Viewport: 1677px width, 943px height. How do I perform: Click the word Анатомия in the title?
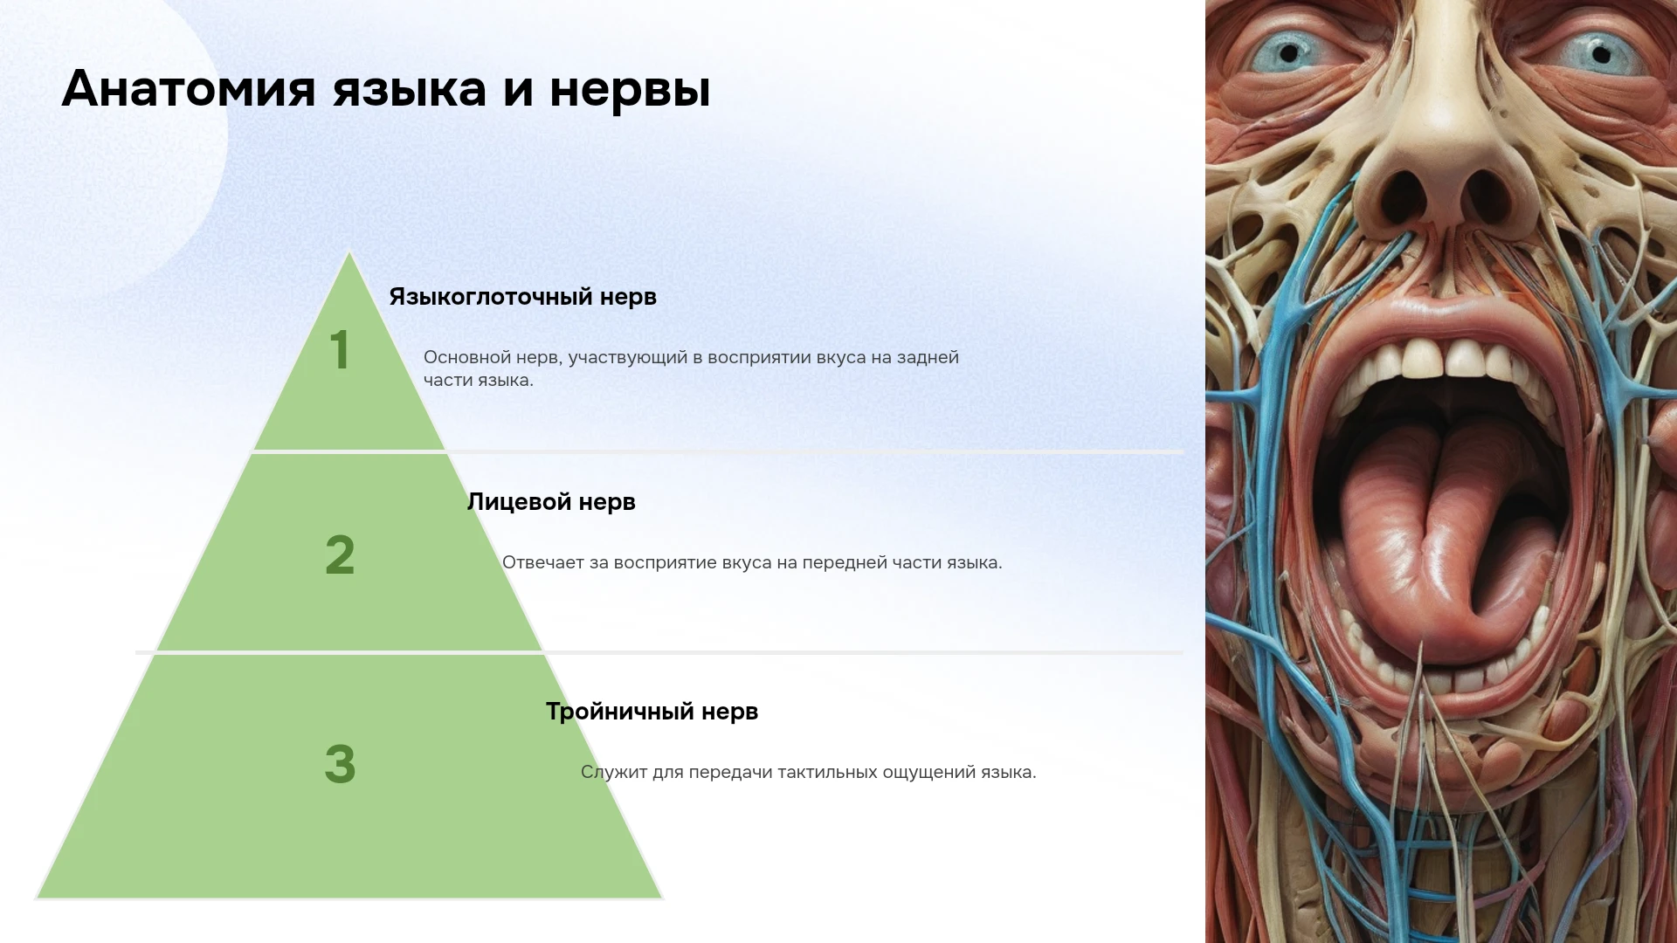189,89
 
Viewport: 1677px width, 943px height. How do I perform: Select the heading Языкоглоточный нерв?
522,297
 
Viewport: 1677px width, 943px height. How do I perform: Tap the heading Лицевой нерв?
551,502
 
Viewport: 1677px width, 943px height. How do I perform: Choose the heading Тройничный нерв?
652,712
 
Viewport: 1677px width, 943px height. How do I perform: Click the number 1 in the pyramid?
340,350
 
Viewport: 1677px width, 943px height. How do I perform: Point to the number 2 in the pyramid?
340,555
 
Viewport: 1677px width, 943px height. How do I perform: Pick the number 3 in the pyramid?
340,764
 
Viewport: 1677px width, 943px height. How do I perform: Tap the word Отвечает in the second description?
542,563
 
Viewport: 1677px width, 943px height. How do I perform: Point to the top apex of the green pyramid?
349,252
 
